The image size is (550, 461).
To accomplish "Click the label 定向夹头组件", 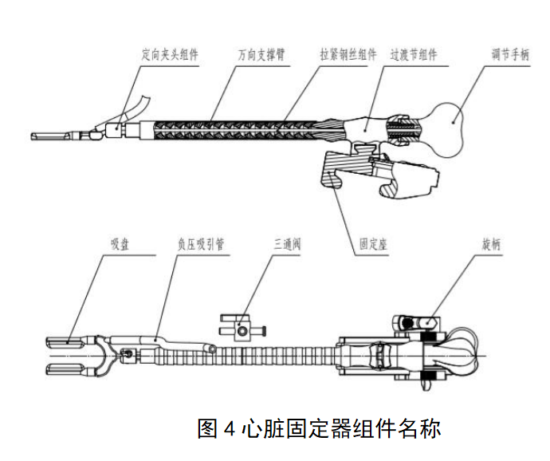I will pyautogui.click(x=169, y=55).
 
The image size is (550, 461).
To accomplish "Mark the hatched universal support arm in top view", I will pyautogui.click(x=223, y=128).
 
